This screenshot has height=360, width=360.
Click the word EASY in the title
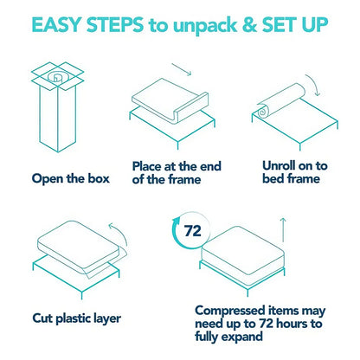[x=56, y=24]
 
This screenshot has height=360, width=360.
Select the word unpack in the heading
[x=205, y=26]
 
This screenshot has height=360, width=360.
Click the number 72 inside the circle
[x=192, y=231]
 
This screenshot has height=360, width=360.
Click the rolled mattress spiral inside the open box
[x=56, y=77]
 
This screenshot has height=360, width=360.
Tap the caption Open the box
[x=71, y=179]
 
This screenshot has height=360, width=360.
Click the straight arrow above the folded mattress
[x=182, y=69]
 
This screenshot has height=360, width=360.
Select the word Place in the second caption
[x=147, y=166]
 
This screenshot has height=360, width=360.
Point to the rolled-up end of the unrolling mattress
[x=263, y=111]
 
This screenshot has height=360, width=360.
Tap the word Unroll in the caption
[x=279, y=166]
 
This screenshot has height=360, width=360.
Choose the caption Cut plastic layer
[x=77, y=318]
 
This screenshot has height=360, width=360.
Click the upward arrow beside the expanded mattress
[x=283, y=230]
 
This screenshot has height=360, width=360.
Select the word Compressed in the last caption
[x=230, y=312]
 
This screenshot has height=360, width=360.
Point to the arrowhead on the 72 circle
[x=176, y=222]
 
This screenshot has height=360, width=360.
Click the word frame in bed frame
[x=303, y=179]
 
